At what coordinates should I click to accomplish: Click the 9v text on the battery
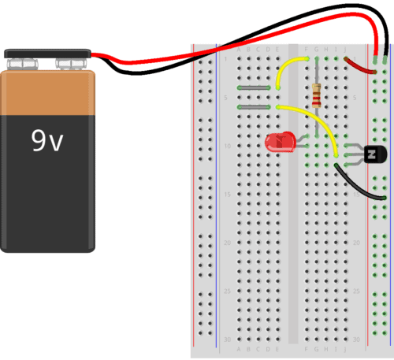[47, 141]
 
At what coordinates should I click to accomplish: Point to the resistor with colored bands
[317, 95]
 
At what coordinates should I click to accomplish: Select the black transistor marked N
[372, 154]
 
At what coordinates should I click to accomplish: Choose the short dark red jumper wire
[362, 70]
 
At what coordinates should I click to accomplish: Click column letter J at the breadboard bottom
[345, 347]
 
